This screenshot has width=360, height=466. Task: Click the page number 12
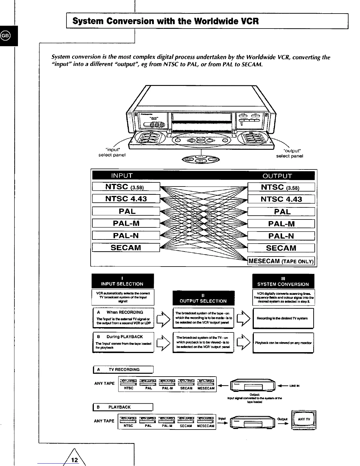[x=75, y=460]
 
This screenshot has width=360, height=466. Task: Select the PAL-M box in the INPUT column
[x=126, y=224]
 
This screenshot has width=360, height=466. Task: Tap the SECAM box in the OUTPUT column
[x=281, y=248]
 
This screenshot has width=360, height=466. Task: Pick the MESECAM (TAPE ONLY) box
[x=281, y=261]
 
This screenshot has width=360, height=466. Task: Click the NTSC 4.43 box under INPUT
[x=126, y=199]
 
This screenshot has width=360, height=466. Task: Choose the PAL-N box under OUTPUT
[x=281, y=236]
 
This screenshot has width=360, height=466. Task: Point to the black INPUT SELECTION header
[x=122, y=281]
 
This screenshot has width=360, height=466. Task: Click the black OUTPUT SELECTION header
[x=203, y=298]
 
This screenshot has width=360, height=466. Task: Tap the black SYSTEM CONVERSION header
[x=283, y=281]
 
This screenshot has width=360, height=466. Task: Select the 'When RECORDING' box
[x=123, y=318]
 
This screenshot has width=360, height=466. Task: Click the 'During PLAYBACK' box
[x=123, y=342]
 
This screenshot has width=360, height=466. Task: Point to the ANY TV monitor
[x=304, y=420]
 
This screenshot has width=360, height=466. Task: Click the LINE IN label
[x=294, y=386]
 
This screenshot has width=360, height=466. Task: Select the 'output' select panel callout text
[x=289, y=153]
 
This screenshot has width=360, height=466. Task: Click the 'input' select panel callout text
[x=112, y=152]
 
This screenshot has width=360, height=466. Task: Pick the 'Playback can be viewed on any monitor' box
[x=283, y=343]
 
